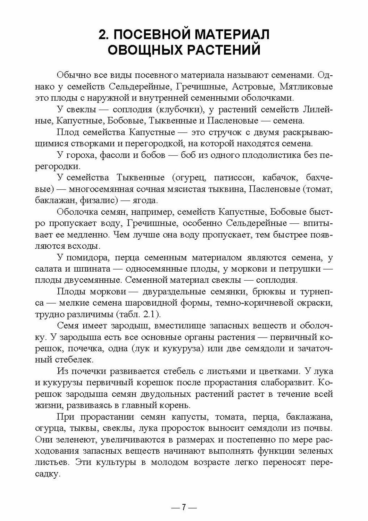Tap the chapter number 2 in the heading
click(x=102, y=35)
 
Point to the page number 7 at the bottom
click(x=184, y=507)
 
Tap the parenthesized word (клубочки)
click(x=177, y=110)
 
